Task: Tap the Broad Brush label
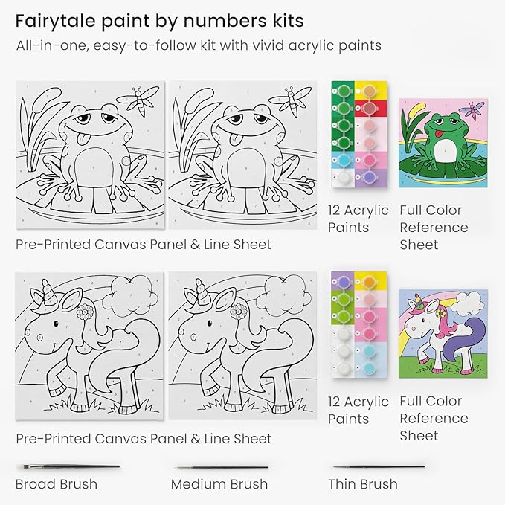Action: coord(57,484)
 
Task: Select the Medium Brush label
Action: coord(219,484)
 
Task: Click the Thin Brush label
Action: coord(363,484)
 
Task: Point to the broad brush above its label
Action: coord(67,466)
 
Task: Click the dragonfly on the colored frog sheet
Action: coord(472,111)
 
